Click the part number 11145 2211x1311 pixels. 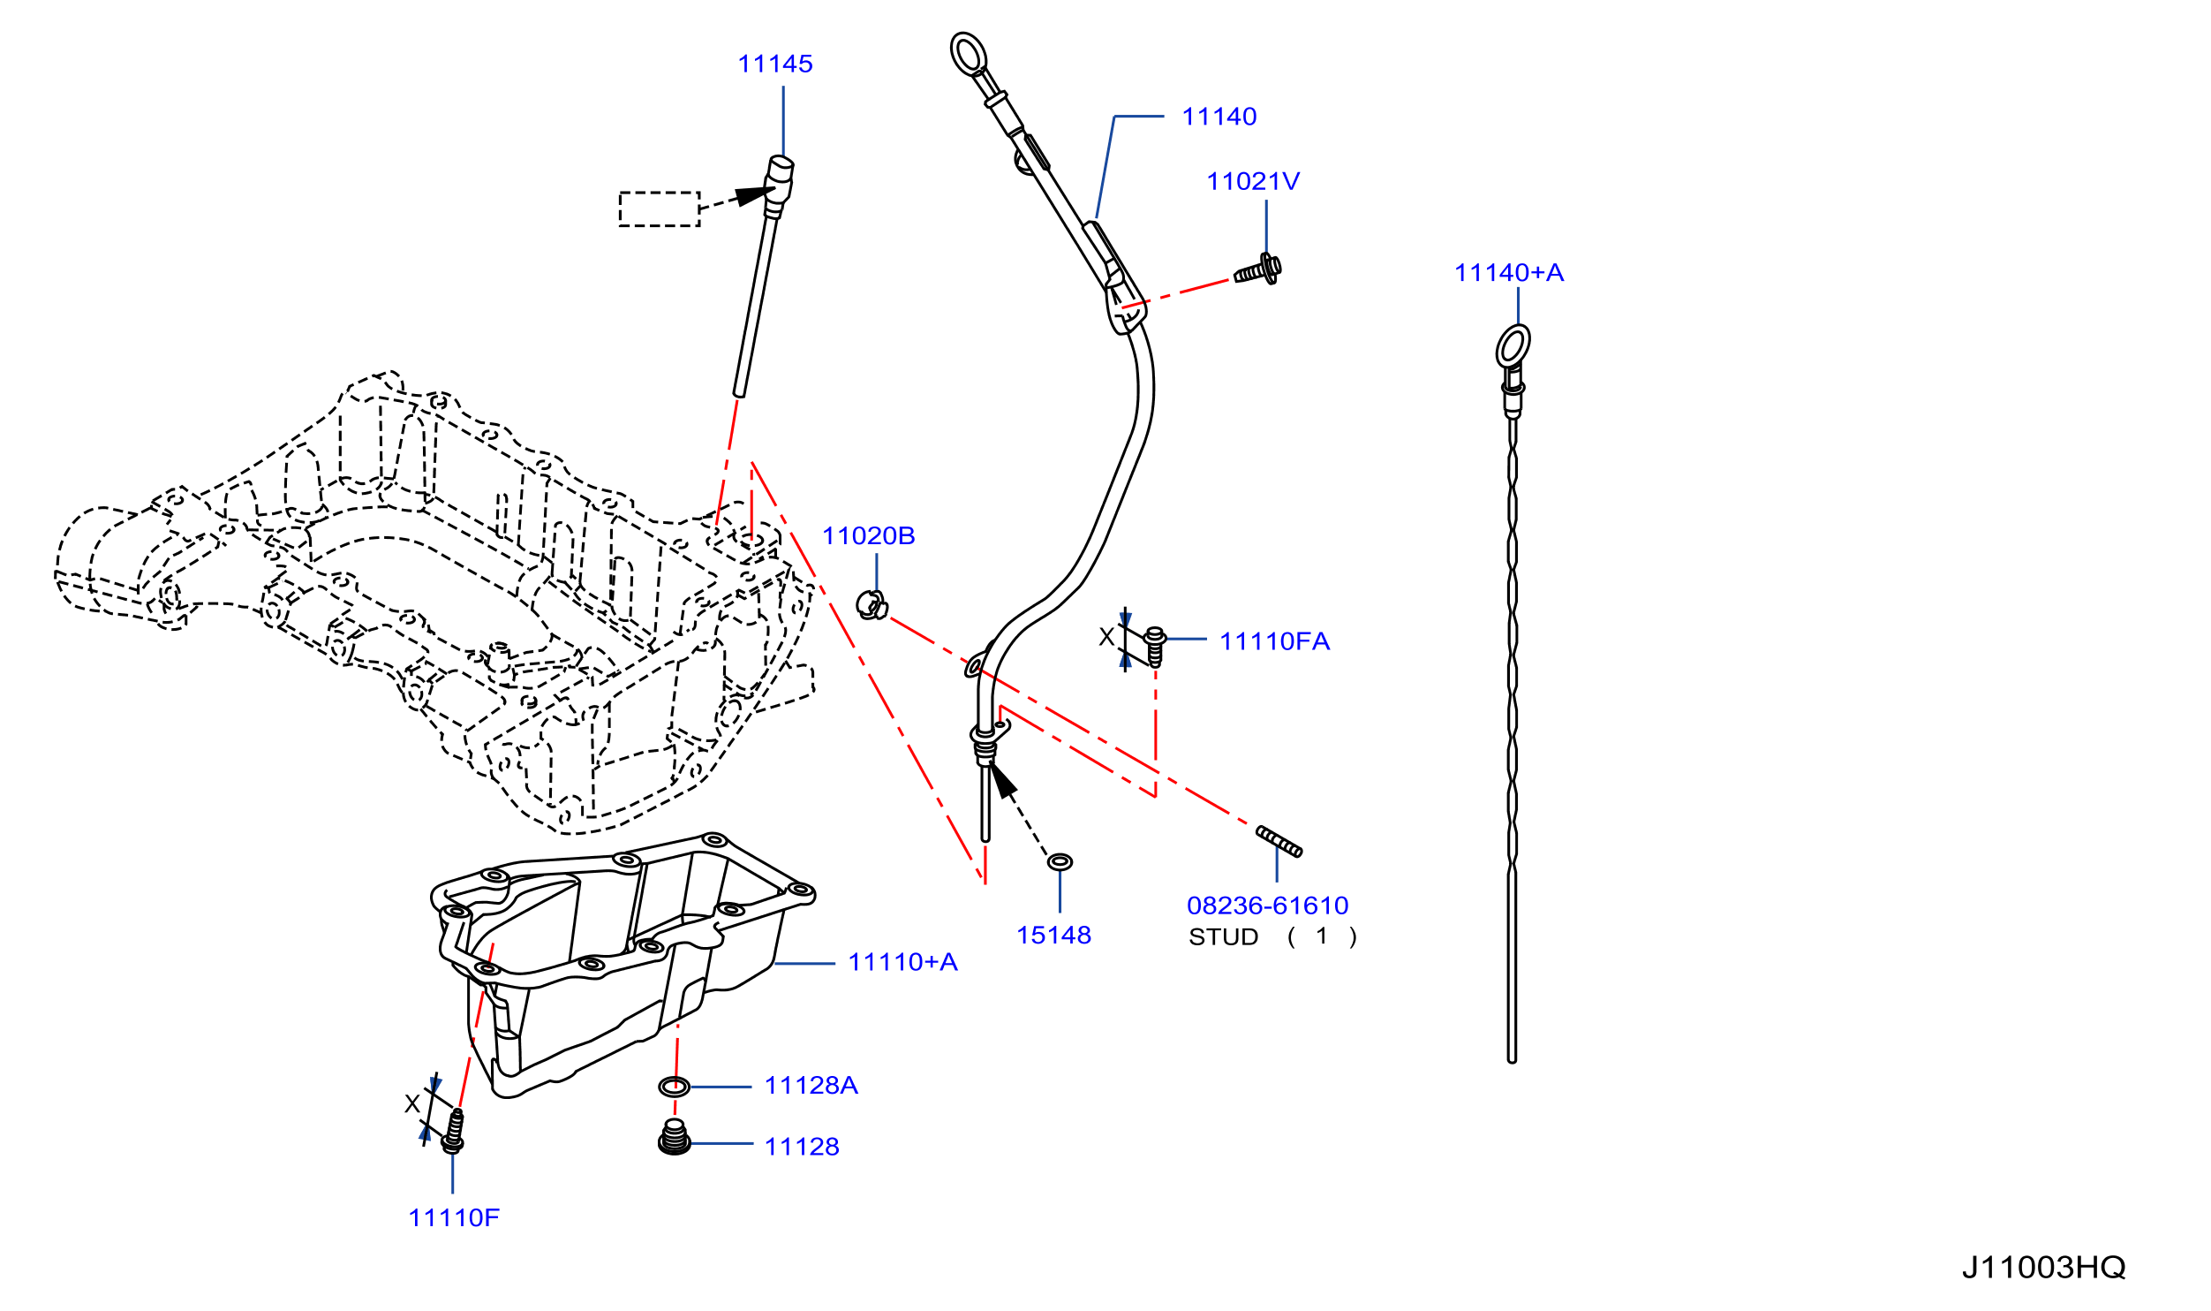(x=774, y=64)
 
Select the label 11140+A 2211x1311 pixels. (x=1508, y=272)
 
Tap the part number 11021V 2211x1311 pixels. (x=1252, y=181)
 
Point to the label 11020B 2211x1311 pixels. (x=868, y=535)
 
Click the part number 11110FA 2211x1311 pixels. (x=1274, y=641)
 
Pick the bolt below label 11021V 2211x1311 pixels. (x=1258, y=269)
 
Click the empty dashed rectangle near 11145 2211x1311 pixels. (x=660, y=209)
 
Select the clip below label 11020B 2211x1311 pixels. (x=872, y=605)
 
